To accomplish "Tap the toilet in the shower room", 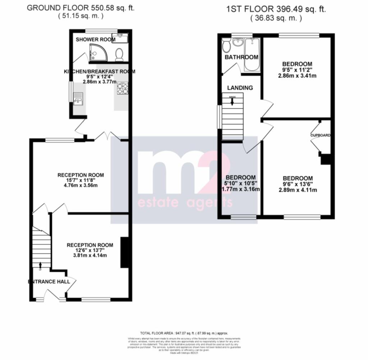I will click(120, 55).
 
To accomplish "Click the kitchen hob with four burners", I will click(123, 88).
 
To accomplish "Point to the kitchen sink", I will click(77, 98).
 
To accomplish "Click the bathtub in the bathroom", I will click(252, 55).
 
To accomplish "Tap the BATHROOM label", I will click(241, 57).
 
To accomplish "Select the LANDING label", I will click(240, 88).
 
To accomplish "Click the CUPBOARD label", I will click(321, 135).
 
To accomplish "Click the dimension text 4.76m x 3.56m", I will click(81, 186).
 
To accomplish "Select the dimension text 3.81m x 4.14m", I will click(90, 256).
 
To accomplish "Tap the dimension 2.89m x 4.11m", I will click(298, 190).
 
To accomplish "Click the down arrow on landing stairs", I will click(232, 102).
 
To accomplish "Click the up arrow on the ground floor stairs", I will click(40, 266).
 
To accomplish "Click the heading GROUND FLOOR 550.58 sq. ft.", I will click(81, 8).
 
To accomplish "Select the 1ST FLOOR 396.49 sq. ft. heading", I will click(276, 9).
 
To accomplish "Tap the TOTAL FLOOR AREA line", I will click(184, 333).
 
